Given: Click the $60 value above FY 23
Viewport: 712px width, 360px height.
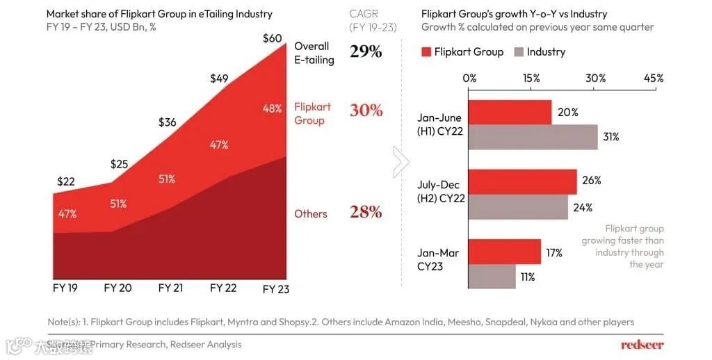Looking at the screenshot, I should click(x=273, y=38).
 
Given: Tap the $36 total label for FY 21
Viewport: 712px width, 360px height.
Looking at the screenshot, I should click(x=168, y=122).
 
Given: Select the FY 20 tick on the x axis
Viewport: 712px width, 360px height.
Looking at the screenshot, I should click(x=118, y=288).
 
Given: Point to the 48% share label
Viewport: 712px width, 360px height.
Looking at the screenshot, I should click(x=272, y=108).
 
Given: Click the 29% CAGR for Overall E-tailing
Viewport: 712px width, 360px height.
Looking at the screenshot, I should click(x=366, y=51).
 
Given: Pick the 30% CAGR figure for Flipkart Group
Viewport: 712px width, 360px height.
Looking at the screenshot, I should click(x=366, y=111).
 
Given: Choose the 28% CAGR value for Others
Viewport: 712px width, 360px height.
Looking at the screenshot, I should click(x=366, y=212).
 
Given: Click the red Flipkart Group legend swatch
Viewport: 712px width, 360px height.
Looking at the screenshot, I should click(x=427, y=52).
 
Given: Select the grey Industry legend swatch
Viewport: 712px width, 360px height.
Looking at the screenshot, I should click(x=518, y=52).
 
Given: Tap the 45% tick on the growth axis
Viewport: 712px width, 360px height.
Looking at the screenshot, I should click(x=654, y=79).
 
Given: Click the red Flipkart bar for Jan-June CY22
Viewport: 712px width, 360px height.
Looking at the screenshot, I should click(x=510, y=113).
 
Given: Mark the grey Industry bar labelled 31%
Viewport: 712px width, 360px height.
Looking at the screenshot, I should click(x=533, y=137).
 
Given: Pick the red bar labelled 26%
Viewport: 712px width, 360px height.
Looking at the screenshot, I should click(x=522, y=181).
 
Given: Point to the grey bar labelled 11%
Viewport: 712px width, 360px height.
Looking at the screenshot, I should click(x=492, y=277).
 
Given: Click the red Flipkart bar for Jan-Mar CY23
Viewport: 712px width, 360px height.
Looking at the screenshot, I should click(x=504, y=252).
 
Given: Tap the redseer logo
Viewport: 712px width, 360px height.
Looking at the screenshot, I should click(x=642, y=345).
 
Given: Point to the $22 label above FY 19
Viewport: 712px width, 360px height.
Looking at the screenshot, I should click(x=66, y=181).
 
